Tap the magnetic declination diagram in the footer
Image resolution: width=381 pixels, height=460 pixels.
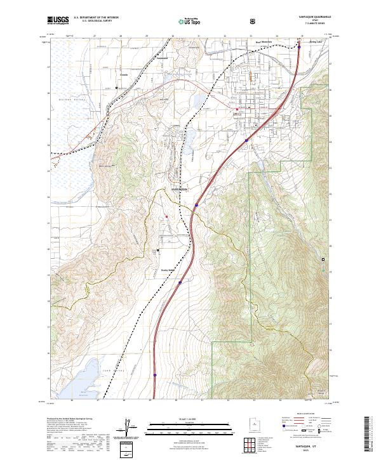pyautogui.click(x=131, y=430)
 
